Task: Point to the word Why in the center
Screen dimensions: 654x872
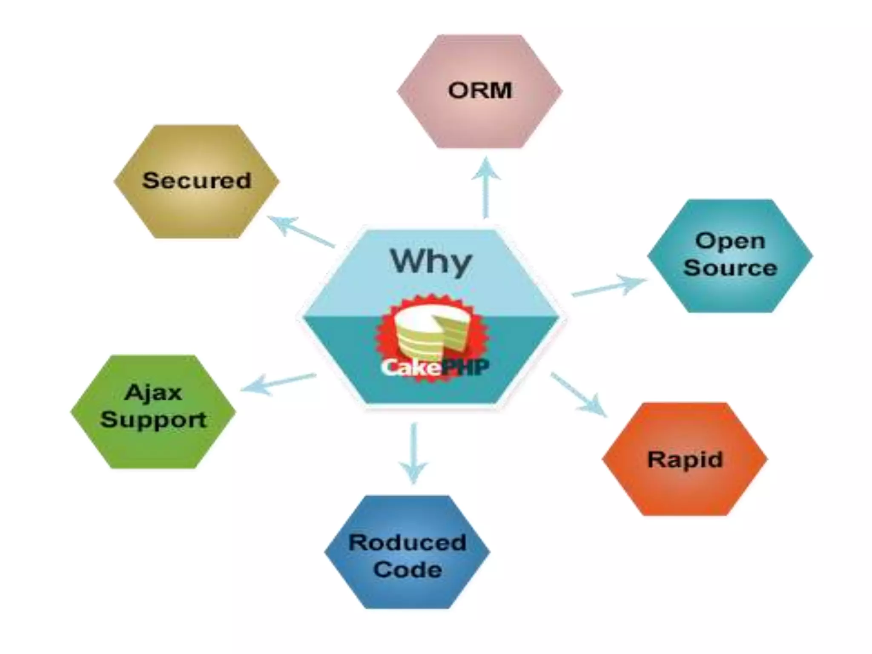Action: click(431, 261)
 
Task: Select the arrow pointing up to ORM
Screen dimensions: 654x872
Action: click(486, 187)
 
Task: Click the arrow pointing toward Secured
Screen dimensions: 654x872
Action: click(300, 232)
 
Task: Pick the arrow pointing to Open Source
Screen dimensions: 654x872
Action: click(609, 286)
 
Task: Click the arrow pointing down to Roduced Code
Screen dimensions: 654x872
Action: click(413, 453)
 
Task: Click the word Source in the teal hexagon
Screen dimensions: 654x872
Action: click(730, 268)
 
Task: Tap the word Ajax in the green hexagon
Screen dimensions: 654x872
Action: click(153, 393)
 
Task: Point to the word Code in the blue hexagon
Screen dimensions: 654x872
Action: click(407, 569)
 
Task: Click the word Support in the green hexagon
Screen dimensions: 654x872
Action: click(153, 419)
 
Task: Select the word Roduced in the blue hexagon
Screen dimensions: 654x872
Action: click(407, 542)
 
